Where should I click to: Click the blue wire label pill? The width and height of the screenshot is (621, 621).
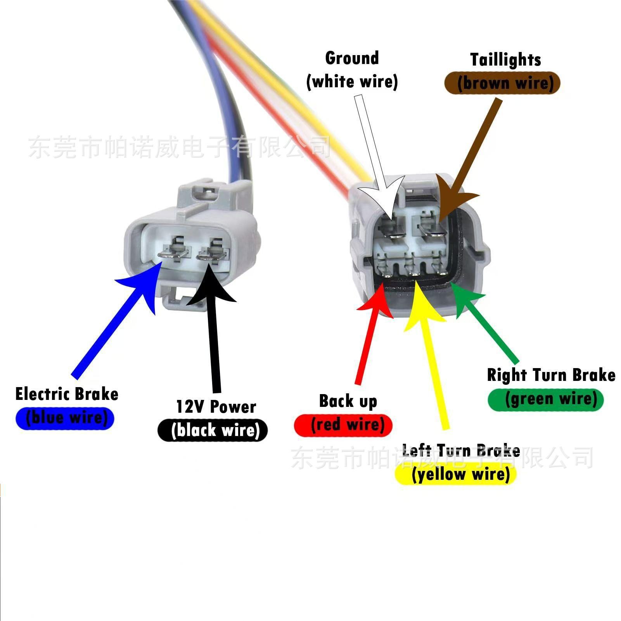[65, 418]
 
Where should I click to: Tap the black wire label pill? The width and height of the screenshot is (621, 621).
[213, 430]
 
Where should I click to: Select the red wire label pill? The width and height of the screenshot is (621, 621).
[344, 425]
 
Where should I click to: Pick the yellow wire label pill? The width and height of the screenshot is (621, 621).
[455, 474]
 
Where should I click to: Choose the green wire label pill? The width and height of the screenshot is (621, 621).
[546, 400]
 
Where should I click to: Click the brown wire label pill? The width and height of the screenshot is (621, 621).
[502, 83]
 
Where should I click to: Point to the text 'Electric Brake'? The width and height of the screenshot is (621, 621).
[67, 394]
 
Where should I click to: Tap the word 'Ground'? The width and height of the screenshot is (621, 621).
[352, 58]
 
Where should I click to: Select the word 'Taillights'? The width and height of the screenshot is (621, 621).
[506, 60]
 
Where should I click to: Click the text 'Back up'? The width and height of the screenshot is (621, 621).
[348, 401]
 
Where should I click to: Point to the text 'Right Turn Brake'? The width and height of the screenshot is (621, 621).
[551, 375]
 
